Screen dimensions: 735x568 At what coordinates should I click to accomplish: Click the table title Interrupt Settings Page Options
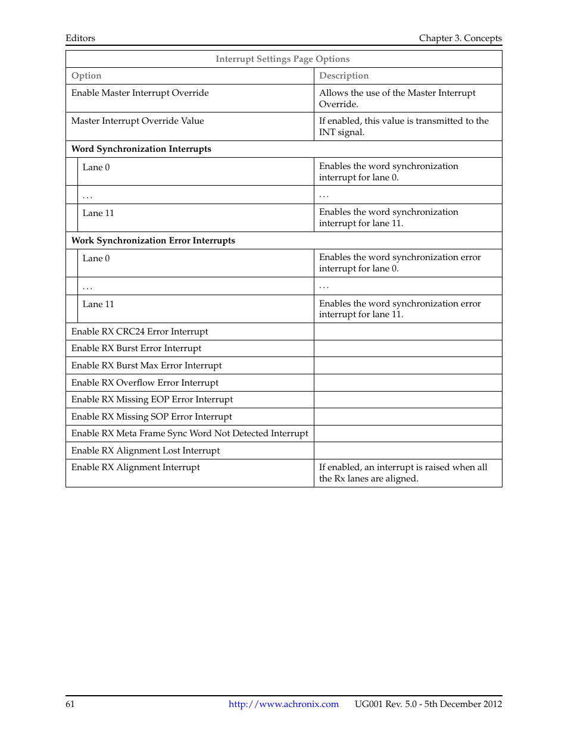[x=282, y=59]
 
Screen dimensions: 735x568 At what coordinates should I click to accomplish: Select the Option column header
[x=86, y=76]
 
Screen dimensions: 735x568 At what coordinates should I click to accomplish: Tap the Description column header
[x=344, y=76]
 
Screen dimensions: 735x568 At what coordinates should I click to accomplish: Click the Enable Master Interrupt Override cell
[x=140, y=93]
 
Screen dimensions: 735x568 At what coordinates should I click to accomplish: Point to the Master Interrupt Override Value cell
[x=138, y=121]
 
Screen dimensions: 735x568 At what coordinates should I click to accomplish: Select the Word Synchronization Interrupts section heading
[x=141, y=149]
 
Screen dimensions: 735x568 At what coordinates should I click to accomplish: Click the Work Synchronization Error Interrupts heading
[x=153, y=240]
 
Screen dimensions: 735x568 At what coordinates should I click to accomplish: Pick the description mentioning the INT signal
[x=404, y=126]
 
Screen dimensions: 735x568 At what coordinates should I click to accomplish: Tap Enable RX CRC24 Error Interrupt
[x=139, y=331]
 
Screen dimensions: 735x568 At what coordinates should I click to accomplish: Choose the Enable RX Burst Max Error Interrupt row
[x=146, y=365]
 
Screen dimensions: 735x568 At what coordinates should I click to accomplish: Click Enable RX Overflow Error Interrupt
[x=145, y=383]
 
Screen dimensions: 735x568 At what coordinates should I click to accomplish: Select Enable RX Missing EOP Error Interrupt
[x=152, y=399]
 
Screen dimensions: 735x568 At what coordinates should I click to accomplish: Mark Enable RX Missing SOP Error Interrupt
[x=151, y=417]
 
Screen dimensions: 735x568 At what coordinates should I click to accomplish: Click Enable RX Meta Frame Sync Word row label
[x=189, y=433]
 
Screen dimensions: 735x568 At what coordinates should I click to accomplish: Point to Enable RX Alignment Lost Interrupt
[x=145, y=451]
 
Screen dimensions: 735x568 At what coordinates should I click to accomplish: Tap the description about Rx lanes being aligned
[x=403, y=473]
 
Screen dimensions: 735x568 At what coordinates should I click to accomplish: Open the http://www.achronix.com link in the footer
[x=283, y=704]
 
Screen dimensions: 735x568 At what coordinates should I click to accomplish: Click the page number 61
[x=70, y=704]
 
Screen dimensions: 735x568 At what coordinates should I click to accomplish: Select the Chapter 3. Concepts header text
[x=460, y=38]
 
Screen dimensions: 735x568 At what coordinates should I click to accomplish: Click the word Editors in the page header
[x=80, y=38]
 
